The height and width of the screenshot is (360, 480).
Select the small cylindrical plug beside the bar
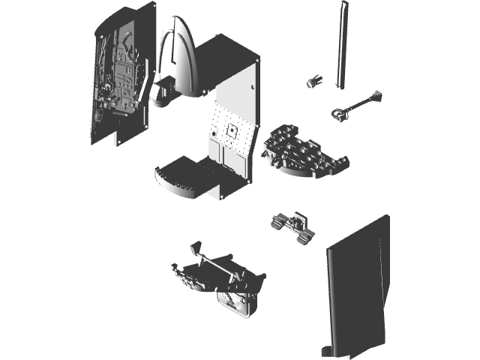point(312,81)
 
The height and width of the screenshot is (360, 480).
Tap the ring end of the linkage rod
point(339,113)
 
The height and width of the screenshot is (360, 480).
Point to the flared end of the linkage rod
point(375,96)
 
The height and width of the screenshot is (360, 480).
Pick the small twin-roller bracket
point(292,226)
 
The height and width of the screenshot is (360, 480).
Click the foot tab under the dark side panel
point(327,350)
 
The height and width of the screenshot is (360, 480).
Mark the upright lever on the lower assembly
point(196,249)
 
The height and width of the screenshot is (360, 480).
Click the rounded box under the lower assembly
point(238,303)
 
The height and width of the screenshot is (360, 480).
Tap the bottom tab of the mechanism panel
point(118,139)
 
